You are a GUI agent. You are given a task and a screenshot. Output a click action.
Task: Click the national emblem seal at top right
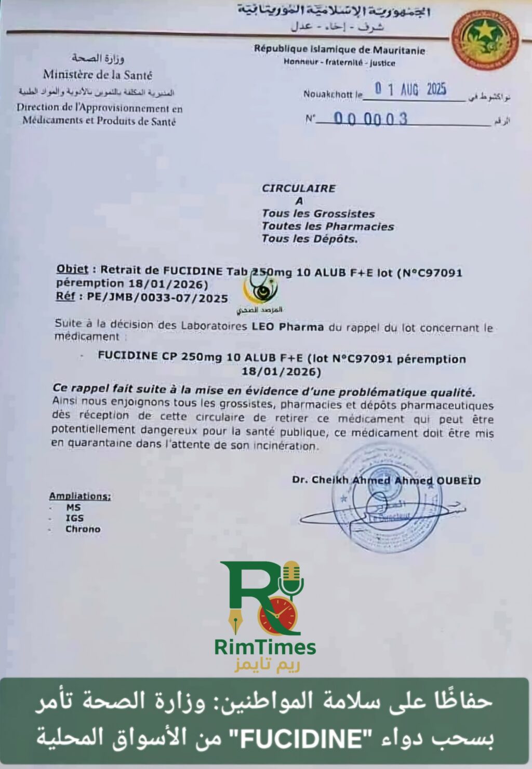[485, 40]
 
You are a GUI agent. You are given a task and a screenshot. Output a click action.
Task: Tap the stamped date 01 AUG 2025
[411, 89]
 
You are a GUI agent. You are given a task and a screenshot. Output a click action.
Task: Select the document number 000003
[370, 119]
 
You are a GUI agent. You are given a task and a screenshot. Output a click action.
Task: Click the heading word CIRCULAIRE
[298, 188]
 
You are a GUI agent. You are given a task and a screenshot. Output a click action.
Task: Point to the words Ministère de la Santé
[98, 75]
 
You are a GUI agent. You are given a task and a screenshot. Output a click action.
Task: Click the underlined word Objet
[72, 269]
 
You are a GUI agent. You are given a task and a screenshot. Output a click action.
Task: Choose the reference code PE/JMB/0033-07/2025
[157, 298]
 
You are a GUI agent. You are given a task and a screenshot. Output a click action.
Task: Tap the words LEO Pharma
[288, 327]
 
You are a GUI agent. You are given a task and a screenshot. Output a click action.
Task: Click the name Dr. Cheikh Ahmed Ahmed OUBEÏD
[386, 480]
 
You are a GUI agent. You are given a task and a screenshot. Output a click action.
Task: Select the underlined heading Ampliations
[80, 496]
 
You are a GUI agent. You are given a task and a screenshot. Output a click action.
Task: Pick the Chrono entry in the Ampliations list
[83, 529]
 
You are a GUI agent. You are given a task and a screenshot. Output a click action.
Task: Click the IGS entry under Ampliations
[74, 518]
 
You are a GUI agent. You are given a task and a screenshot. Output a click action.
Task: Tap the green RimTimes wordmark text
[265, 647]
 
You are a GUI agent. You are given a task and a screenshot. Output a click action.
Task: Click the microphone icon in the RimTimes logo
[291, 578]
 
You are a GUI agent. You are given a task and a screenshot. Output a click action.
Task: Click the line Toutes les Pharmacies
[327, 226]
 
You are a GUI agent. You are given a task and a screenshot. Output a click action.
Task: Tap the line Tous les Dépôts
[310, 239]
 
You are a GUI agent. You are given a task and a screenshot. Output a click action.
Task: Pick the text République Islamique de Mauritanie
[339, 50]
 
